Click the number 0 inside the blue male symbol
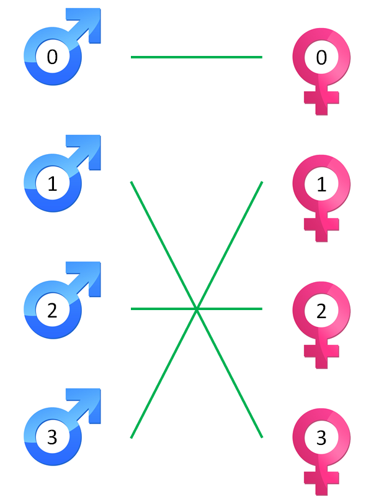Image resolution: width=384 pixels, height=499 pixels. (52, 57)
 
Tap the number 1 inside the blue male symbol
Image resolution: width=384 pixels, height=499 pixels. (52, 184)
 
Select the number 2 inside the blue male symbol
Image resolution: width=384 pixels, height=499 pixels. (52, 311)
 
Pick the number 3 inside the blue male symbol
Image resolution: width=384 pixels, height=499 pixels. (52, 437)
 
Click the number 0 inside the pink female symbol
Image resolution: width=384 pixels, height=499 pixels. (321, 58)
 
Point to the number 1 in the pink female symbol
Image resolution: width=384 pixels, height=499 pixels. (321, 185)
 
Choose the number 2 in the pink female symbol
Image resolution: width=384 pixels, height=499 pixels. (321, 311)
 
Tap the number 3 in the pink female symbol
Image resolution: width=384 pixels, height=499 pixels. (321, 438)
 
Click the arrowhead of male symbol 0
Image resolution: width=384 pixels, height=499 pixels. (90, 21)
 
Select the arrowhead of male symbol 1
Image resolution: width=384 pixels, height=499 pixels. (90, 148)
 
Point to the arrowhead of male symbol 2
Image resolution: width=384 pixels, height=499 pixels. (90, 275)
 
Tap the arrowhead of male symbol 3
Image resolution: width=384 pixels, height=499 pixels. (90, 401)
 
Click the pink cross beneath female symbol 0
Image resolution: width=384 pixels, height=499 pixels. (321, 99)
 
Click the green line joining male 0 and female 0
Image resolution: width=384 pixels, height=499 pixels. (196, 57)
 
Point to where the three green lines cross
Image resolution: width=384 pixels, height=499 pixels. (197, 308)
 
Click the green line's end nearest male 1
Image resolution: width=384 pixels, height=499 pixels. (132, 182)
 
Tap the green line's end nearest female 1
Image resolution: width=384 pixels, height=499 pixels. (262, 182)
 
